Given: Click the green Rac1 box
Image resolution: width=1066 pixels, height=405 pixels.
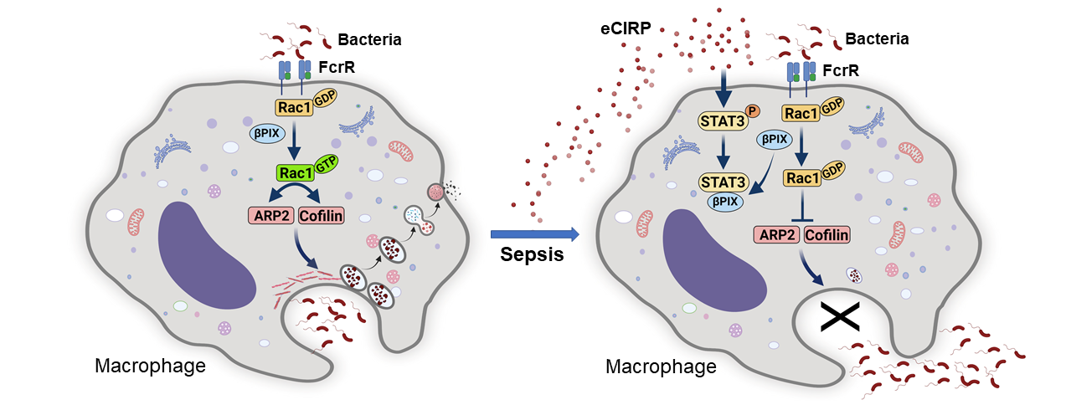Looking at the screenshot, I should click(x=296, y=174).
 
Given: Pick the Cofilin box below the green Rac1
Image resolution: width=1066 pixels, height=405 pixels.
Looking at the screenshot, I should click(x=320, y=217).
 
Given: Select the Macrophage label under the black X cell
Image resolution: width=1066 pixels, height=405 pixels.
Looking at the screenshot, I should click(x=661, y=367).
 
